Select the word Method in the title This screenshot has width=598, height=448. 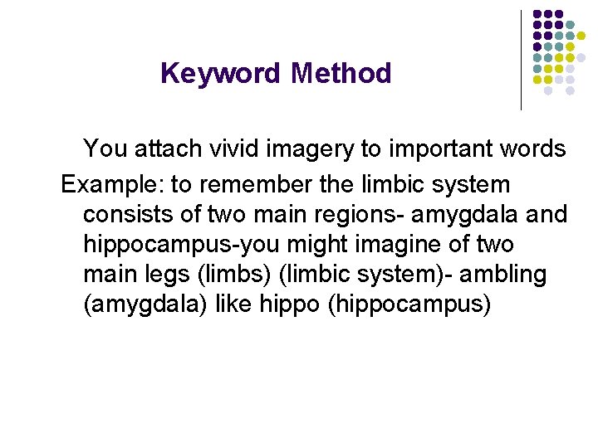click(341, 74)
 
